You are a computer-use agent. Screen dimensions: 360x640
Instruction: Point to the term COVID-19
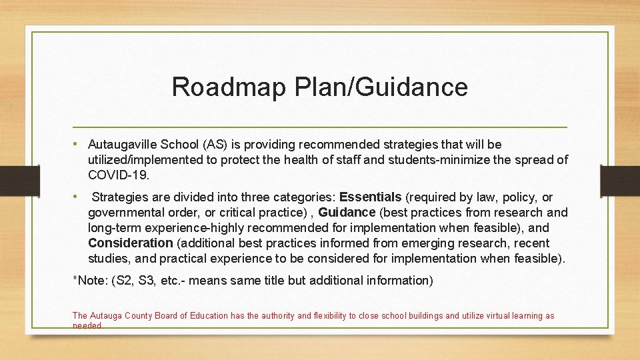pos(119,175)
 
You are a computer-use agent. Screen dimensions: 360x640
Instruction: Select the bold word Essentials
pos(371,197)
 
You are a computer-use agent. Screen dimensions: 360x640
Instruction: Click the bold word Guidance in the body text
pos(347,213)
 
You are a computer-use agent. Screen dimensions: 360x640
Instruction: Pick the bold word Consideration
pos(130,243)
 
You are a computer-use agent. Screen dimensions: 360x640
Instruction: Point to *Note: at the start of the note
pos(91,281)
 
